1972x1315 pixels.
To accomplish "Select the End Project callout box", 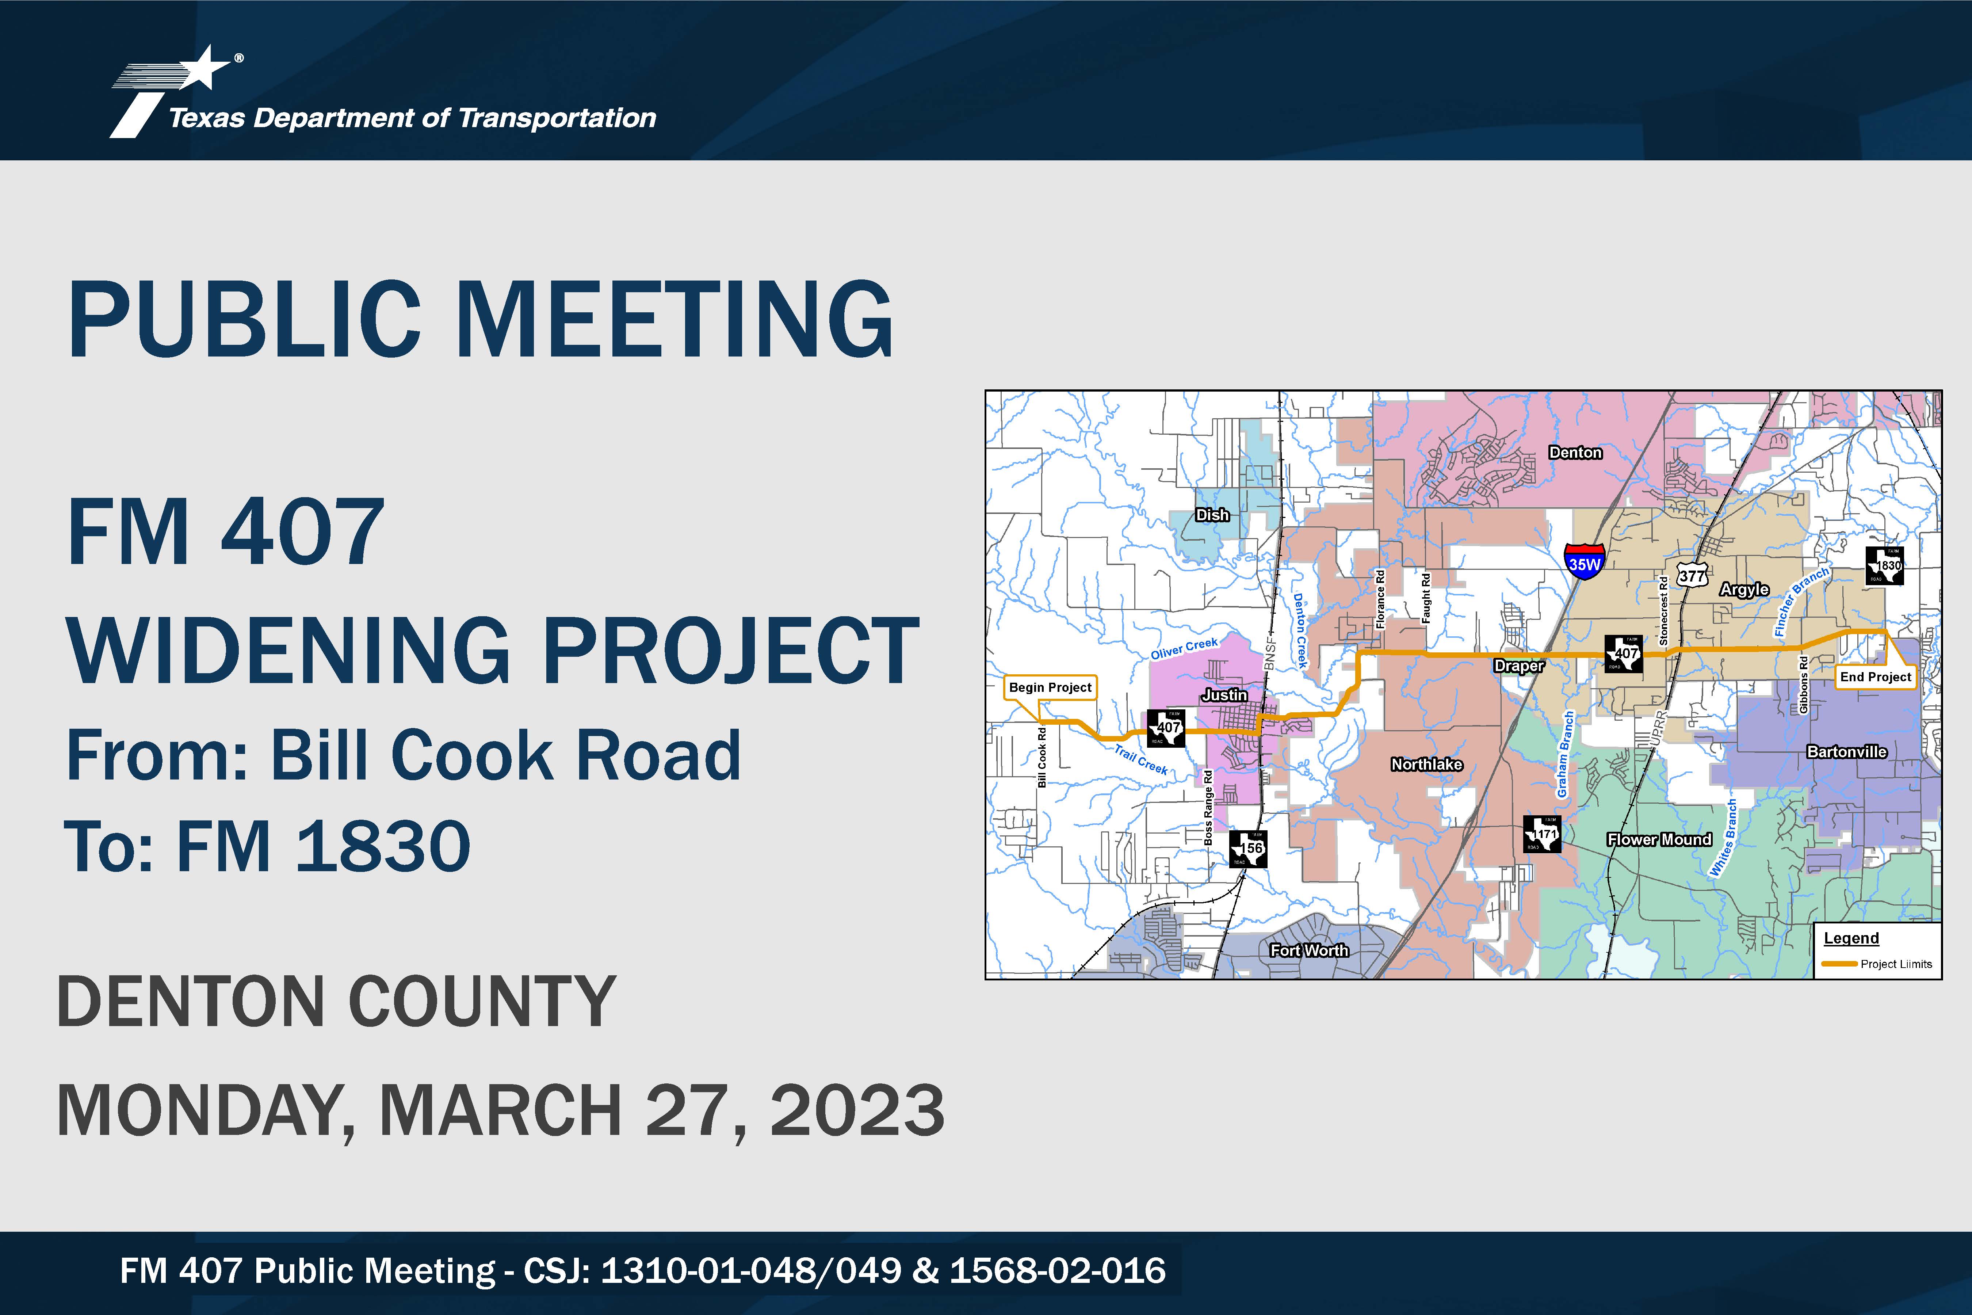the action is (1876, 677).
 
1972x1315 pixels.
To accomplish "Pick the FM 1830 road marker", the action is (1884, 566).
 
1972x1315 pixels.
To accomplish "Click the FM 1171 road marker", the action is (1541, 834).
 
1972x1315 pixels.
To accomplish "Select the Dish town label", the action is (1212, 515).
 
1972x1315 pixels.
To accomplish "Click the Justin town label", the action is (1224, 695).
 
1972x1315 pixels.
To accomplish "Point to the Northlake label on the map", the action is (1426, 764).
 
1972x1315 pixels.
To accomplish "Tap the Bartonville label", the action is (1846, 751).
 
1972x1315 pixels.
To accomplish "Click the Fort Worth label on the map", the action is (1309, 950).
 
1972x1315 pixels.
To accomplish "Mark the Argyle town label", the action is (1744, 590).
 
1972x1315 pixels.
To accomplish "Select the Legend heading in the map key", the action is (1851, 938).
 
